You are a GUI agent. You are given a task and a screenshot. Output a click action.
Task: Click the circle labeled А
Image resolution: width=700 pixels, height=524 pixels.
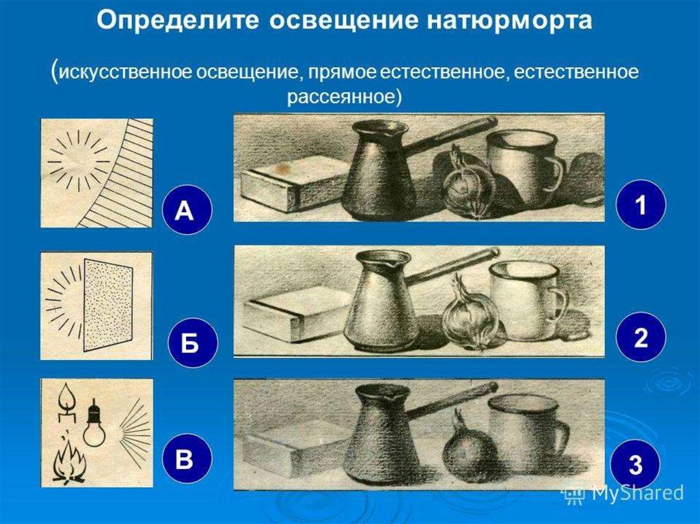(185, 210)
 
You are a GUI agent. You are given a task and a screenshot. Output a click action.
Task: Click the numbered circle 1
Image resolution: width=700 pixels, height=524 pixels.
(641, 204)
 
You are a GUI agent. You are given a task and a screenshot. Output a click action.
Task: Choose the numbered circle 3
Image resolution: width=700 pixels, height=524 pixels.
(635, 465)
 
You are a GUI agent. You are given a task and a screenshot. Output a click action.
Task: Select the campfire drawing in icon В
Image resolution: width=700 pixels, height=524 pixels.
(69, 462)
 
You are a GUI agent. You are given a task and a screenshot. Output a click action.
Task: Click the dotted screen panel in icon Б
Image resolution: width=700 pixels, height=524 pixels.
(107, 306)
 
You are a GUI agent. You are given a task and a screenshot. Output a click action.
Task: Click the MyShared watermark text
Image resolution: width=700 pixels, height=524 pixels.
(638, 493)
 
